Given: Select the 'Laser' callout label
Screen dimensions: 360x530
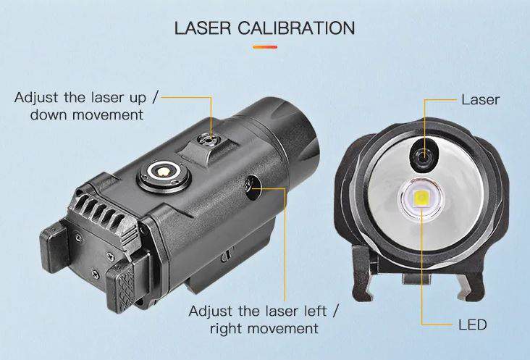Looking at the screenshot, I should tap(480, 99).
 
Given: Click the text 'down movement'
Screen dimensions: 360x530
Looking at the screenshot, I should tap(86, 114).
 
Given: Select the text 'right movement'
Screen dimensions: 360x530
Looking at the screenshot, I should tap(264, 328).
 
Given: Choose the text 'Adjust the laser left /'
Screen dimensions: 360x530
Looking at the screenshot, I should tap(264, 311).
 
